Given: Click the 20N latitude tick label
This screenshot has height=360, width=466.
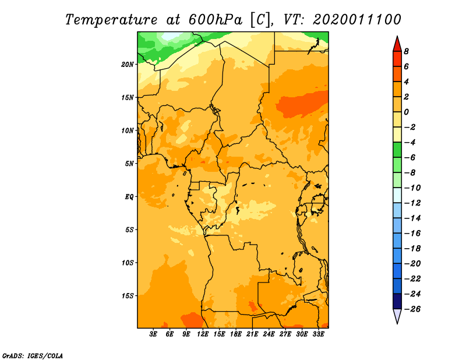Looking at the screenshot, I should click(128, 64).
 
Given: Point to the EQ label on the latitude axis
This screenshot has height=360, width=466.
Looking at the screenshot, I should click(129, 196).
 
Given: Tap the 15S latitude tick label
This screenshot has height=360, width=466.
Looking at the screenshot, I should click(128, 295).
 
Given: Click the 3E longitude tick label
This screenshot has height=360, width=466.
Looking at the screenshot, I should click(154, 335).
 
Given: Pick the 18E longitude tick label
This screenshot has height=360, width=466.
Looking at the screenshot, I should click(236, 335).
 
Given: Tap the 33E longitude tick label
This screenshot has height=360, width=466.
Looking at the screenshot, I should click(318, 335).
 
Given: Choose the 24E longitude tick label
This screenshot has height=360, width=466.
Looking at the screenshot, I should click(269, 335).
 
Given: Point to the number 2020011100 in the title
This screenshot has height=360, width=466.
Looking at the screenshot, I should click(357, 20).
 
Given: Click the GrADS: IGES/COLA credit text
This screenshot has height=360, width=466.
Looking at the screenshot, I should click(33, 355).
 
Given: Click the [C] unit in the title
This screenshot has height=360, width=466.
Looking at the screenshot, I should click(261, 20).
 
